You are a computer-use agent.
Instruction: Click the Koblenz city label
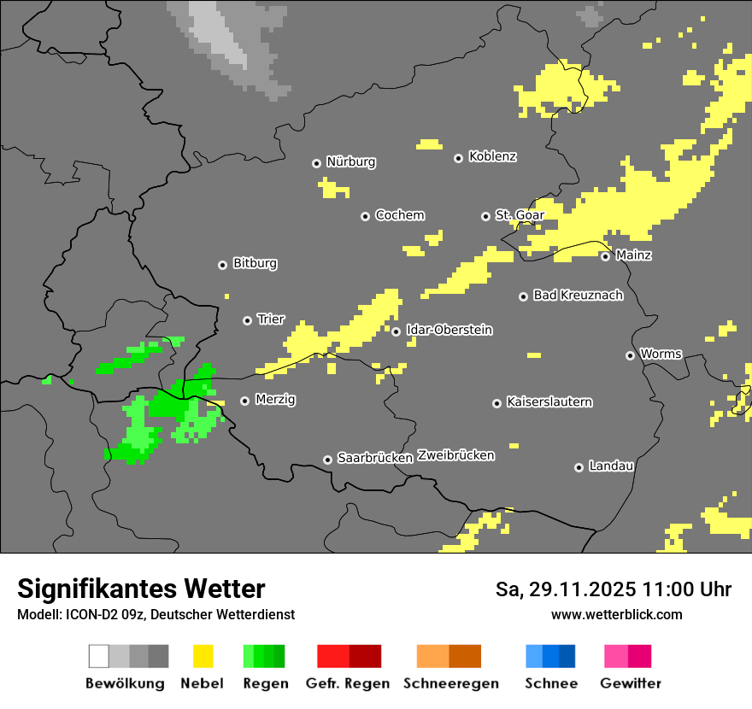(x=492, y=157)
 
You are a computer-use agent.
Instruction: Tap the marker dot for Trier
(x=248, y=320)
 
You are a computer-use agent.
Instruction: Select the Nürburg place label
(x=350, y=161)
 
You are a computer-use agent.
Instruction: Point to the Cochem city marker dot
(x=365, y=216)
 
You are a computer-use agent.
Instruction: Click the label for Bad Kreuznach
(x=578, y=296)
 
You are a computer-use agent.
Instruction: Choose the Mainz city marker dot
(x=605, y=256)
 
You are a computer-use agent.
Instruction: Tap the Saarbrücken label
(x=375, y=458)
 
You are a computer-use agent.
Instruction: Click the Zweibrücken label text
(x=455, y=455)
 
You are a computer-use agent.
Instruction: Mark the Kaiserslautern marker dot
(x=496, y=403)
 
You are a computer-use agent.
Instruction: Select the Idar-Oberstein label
(x=449, y=330)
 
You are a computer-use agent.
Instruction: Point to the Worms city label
(x=661, y=354)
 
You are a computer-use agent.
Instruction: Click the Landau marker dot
(x=579, y=467)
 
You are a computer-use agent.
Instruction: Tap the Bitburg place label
(x=255, y=264)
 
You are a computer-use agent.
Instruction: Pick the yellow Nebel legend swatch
(x=203, y=656)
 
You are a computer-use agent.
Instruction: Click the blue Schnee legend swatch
(x=549, y=656)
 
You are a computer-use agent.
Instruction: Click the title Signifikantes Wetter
(x=141, y=589)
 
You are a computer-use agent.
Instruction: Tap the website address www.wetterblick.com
(x=616, y=614)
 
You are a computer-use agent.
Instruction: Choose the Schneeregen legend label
(x=450, y=683)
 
